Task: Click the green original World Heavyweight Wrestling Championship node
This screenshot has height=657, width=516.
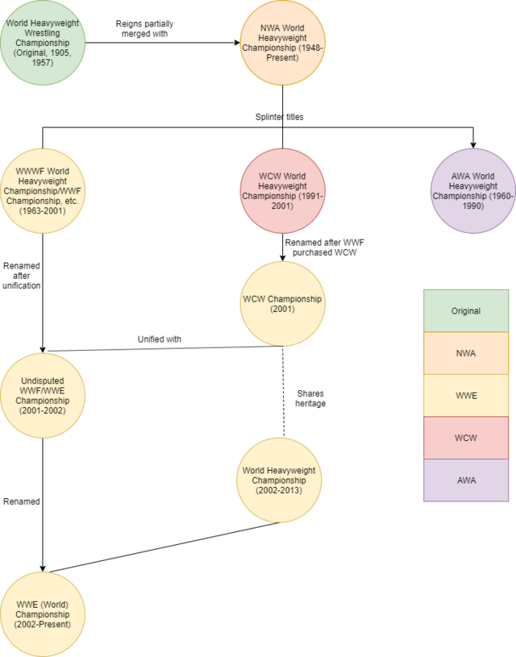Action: (x=43, y=43)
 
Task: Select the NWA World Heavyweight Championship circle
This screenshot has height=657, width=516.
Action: (x=282, y=43)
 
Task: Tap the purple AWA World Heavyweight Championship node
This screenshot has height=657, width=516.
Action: (x=473, y=190)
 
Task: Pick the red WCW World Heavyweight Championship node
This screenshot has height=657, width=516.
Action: (x=282, y=190)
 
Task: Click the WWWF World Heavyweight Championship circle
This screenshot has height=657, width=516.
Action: (x=43, y=190)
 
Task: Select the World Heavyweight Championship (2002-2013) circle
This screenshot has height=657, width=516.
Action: (x=278, y=480)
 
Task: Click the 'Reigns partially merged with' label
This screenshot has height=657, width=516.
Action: (x=144, y=29)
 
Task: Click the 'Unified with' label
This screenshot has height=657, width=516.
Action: (x=159, y=339)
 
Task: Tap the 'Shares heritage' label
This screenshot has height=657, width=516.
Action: (x=310, y=397)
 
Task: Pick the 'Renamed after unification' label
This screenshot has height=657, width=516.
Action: (x=21, y=275)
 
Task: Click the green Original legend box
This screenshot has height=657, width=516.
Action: (x=466, y=310)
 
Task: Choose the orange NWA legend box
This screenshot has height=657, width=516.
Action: (x=466, y=353)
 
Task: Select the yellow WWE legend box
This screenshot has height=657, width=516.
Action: (x=466, y=395)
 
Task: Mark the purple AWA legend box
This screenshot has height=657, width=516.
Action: (x=466, y=480)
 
